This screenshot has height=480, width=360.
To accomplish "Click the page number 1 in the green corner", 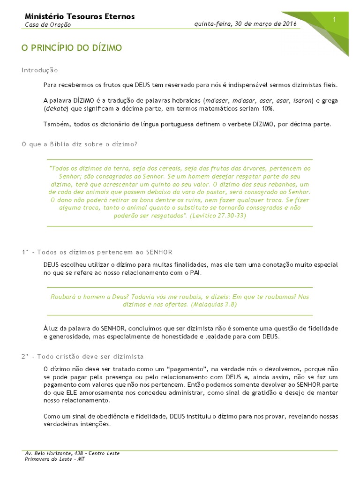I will click(x=335, y=19).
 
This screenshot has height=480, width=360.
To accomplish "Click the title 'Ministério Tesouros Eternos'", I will click(x=80, y=16).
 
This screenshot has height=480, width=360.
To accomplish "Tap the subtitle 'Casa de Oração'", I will click(x=48, y=25).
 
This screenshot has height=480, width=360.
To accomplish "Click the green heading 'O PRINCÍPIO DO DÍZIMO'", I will click(x=72, y=48).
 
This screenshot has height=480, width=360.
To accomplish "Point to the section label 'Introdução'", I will click(x=40, y=70).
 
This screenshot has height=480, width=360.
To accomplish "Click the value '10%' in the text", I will click(x=268, y=109).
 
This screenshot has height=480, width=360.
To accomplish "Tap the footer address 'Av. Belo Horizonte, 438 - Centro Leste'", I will click(x=72, y=453).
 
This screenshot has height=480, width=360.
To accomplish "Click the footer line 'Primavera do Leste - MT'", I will click(x=55, y=459).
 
